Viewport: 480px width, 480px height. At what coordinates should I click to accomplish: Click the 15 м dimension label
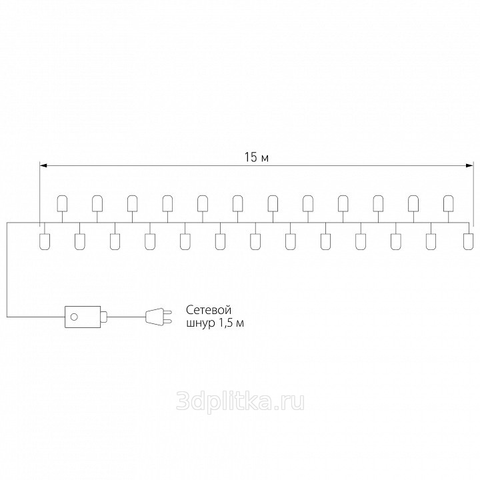[257, 157]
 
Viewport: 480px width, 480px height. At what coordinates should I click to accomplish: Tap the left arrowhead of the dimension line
[43, 165]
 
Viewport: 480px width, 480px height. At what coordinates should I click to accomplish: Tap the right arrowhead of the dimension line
[469, 165]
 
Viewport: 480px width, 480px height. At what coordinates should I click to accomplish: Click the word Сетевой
[209, 310]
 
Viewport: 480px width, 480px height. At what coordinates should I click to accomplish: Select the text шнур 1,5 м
[215, 323]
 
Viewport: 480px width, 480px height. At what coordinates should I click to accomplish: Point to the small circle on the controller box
[74, 317]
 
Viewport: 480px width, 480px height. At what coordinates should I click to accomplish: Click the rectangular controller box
[83, 317]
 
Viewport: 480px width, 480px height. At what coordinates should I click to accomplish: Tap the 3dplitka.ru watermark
[240, 401]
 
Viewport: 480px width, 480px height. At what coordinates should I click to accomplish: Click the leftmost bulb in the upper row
[63, 203]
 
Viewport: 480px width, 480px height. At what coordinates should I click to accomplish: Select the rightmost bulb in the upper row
[449, 203]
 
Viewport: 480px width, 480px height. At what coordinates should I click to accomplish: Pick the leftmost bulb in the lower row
[45, 241]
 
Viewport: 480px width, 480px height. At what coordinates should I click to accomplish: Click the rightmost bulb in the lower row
[469, 241]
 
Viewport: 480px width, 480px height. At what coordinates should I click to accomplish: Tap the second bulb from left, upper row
[97, 203]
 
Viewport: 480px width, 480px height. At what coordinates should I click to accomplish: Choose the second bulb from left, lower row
[80, 241]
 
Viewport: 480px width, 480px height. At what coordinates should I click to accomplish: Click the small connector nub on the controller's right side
[104, 317]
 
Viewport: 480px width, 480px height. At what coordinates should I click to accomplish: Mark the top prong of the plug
[168, 312]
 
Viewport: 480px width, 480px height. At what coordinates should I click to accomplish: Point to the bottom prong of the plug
[168, 321]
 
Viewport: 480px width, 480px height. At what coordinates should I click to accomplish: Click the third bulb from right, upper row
[379, 203]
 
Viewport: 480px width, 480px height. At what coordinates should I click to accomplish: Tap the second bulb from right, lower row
[431, 241]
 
